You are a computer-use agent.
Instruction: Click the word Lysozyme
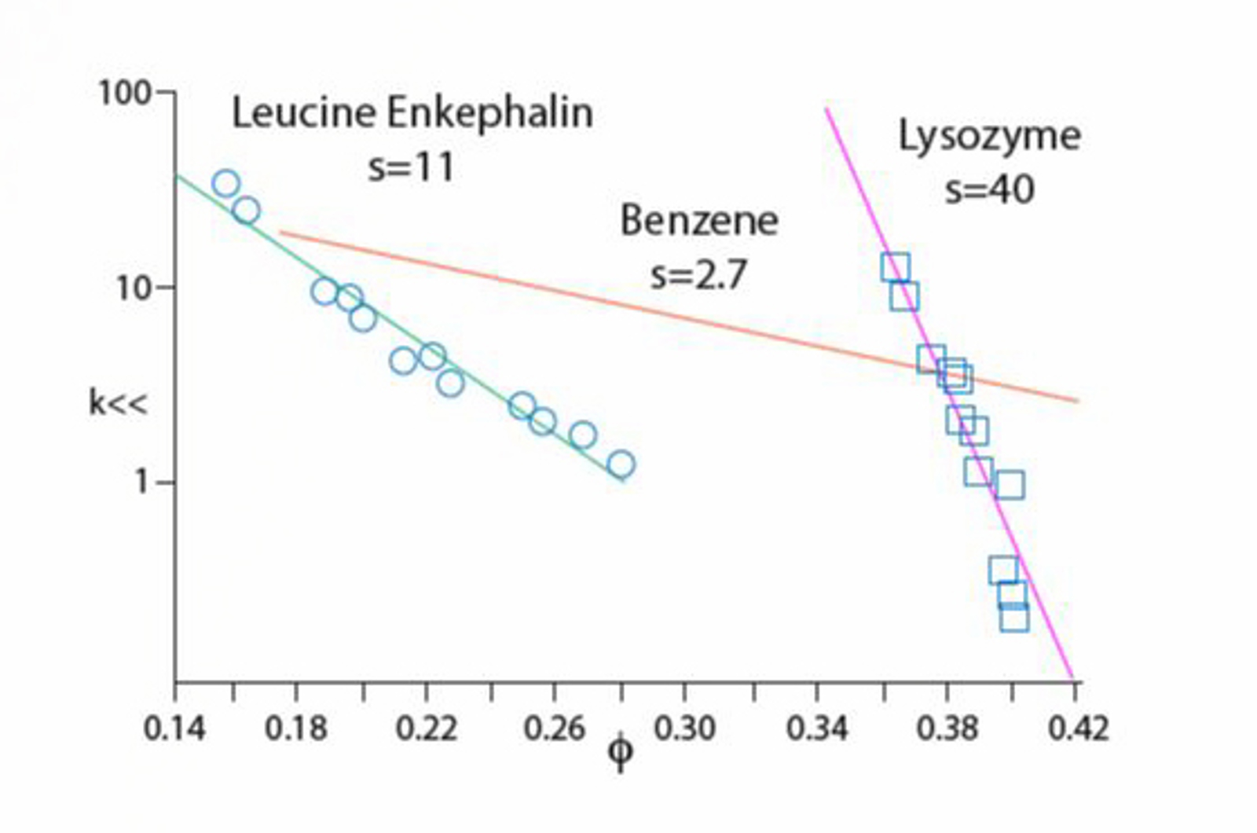click(x=989, y=137)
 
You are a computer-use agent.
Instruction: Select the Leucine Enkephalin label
click(x=412, y=113)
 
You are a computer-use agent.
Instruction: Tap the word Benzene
click(x=698, y=221)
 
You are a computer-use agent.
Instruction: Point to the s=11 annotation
click(x=412, y=167)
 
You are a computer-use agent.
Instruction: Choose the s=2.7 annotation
click(x=698, y=275)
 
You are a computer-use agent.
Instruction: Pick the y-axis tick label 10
click(x=133, y=289)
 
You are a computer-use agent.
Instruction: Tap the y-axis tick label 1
click(x=141, y=482)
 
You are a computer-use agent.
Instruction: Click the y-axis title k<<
click(x=117, y=403)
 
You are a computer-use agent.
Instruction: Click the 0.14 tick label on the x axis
click(x=174, y=729)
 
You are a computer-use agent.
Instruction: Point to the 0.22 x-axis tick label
click(x=426, y=729)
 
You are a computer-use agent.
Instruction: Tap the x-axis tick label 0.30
click(x=684, y=729)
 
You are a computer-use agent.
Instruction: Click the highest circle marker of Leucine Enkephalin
click(x=225, y=184)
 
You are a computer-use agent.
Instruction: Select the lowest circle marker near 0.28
click(x=621, y=465)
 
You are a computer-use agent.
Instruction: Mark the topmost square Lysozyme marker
click(x=896, y=267)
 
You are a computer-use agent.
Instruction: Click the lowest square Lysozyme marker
click(x=1014, y=618)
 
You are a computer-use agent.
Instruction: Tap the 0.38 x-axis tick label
click(x=947, y=729)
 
